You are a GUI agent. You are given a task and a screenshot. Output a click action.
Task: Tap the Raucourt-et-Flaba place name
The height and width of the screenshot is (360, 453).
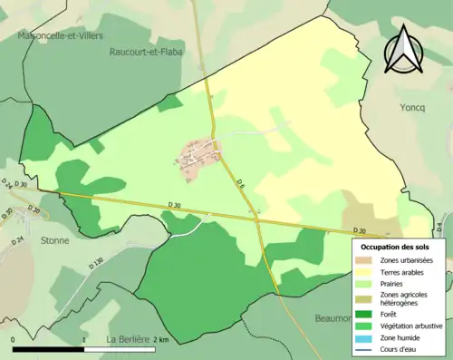146,52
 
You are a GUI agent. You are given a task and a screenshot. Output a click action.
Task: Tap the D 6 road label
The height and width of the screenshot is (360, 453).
241,186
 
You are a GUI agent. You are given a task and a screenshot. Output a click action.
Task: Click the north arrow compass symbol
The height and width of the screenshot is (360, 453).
405,50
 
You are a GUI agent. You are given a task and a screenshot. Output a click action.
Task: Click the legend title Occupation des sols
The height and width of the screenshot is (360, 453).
397,246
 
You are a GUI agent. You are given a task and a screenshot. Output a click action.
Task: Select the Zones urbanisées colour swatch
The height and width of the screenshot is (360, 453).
367,260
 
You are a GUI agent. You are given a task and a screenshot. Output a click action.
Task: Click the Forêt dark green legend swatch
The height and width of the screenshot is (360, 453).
367,315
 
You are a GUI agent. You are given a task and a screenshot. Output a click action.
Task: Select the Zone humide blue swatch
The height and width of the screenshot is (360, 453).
367,337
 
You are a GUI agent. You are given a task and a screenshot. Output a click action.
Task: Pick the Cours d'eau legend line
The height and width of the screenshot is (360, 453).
367,348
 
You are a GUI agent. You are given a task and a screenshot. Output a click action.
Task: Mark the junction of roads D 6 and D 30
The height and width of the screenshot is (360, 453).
257,218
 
